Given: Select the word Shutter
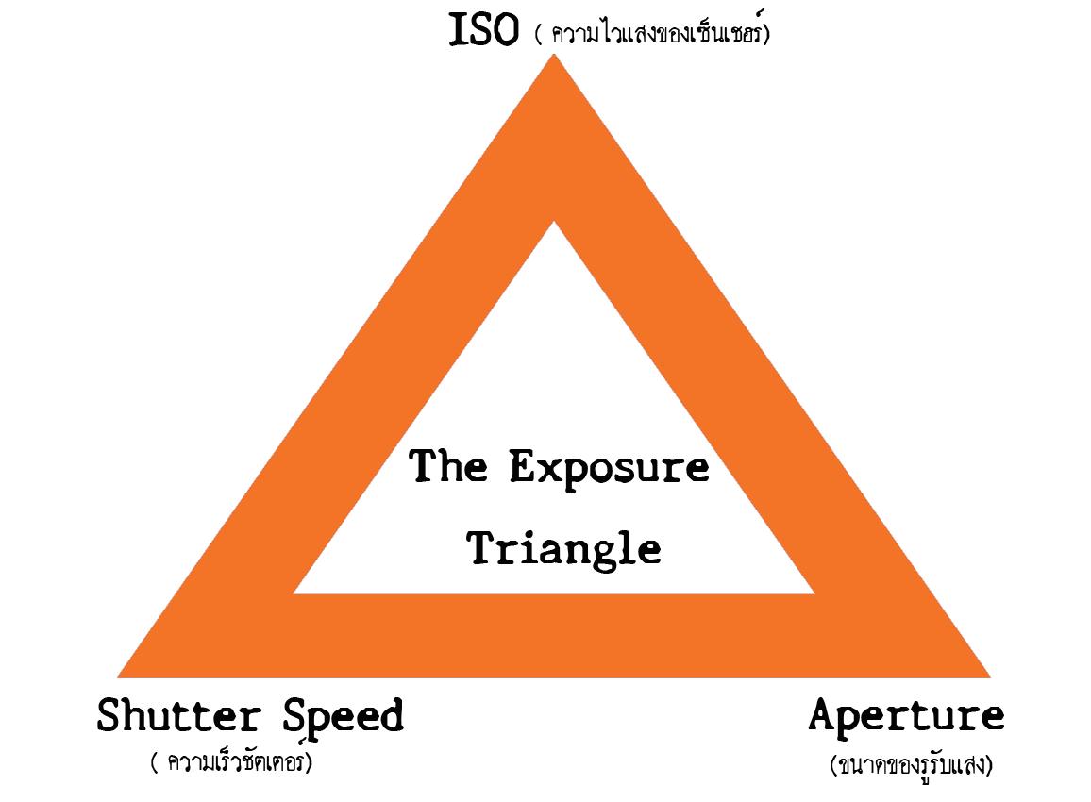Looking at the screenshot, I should [178, 716].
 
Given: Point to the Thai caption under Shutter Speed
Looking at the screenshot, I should [231, 762].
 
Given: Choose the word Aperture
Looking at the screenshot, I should [906, 716].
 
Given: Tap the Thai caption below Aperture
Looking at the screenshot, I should [912, 764].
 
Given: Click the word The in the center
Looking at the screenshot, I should [448, 466].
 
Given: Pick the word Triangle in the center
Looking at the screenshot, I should [564, 547].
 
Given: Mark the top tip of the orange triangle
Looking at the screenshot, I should [554, 55].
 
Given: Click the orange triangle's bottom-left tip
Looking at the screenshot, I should [119, 677].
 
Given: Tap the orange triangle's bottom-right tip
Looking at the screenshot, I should [989, 677].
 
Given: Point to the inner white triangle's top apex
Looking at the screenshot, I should [555, 222].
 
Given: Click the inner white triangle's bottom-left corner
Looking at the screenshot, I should [294, 593].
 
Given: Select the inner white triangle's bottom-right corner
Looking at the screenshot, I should [814, 593].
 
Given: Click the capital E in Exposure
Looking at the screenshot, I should [525, 466].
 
